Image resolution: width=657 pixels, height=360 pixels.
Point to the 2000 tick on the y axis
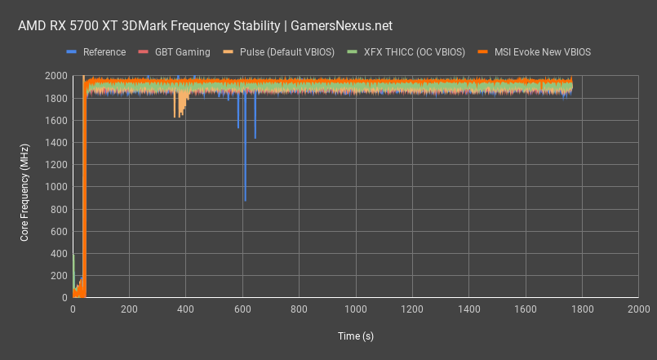56,76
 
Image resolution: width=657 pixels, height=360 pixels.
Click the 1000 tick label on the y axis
56,187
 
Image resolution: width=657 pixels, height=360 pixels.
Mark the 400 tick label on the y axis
59,254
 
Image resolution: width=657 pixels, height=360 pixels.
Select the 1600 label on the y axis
56,120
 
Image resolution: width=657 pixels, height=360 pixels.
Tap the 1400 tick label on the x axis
468,310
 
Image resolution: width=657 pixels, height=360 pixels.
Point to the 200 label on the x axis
129,310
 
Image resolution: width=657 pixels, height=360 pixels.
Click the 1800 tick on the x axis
582,310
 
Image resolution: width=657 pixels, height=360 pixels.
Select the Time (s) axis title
355,336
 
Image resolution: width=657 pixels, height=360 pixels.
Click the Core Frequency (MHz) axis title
24,187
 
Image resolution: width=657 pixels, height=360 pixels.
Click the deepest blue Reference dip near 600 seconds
245,198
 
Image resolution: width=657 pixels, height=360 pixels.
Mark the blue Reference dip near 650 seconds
255,137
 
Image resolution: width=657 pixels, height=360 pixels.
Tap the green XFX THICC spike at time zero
73,257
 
